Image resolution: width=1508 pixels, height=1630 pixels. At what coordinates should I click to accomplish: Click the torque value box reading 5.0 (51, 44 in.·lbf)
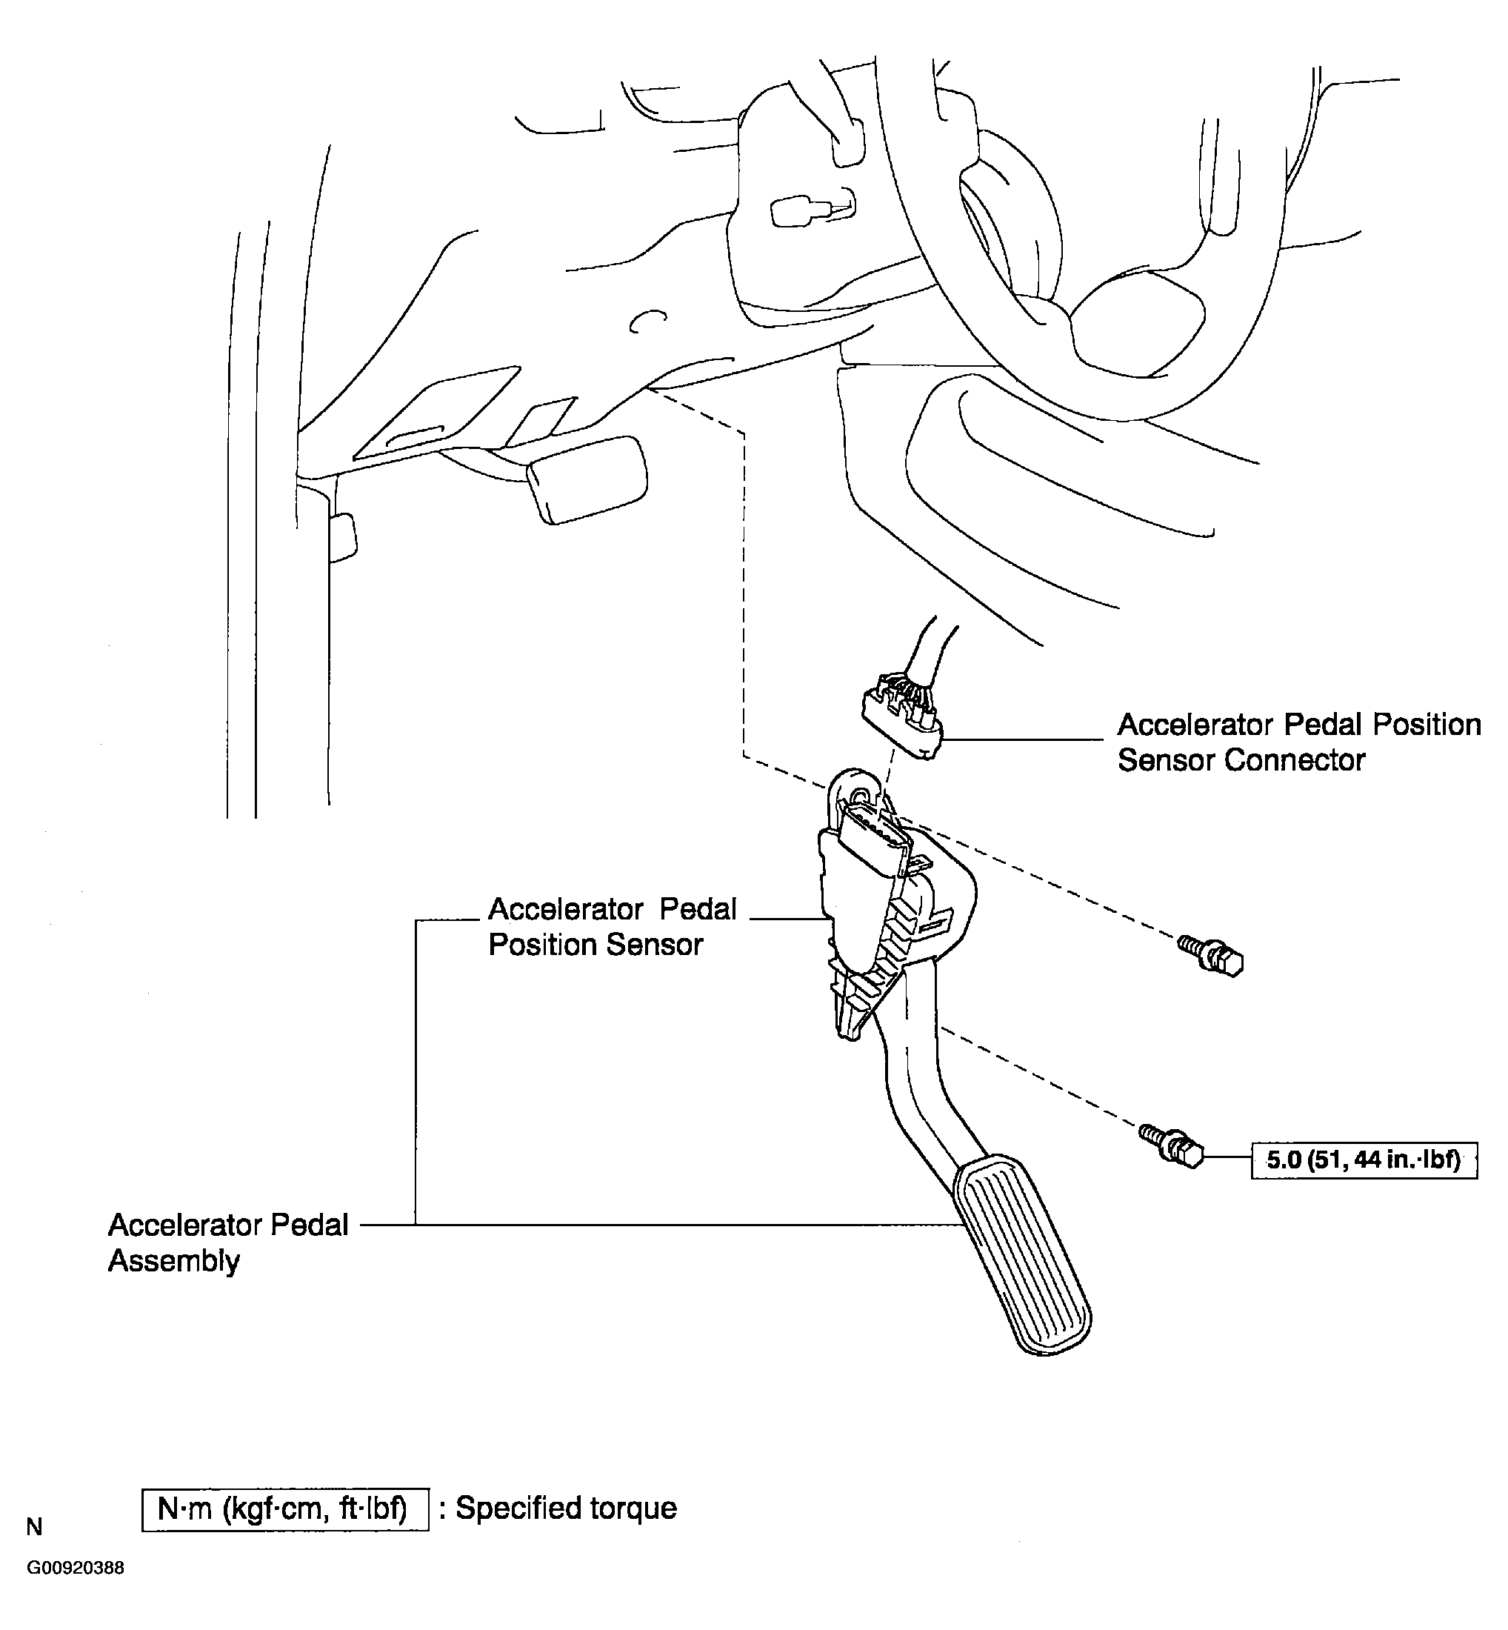click(x=1364, y=1160)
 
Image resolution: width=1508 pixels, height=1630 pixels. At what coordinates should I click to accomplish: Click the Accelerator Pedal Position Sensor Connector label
click(x=1298, y=742)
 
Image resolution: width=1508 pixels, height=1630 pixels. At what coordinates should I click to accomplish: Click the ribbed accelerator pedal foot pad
click(x=1021, y=1254)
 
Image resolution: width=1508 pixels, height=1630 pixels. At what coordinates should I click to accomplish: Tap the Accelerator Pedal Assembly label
click(x=227, y=1243)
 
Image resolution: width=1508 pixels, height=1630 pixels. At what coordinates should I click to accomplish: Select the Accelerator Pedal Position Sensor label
click(x=612, y=926)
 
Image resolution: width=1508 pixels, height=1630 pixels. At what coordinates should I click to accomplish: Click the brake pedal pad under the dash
click(x=587, y=479)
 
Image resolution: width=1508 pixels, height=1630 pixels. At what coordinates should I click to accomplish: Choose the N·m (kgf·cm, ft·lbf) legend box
click(x=285, y=1509)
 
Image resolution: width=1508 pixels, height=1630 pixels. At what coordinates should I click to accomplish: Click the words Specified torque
click(x=566, y=1508)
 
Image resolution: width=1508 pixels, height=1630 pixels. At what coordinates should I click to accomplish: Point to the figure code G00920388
click(x=75, y=1568)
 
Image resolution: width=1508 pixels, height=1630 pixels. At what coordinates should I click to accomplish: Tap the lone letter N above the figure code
click(x=34, y=1526)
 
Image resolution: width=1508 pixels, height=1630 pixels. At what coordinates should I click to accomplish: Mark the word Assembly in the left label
click(x=174, y=1261)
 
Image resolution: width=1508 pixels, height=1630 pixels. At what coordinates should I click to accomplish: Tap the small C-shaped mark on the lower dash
click(x=648, y=322)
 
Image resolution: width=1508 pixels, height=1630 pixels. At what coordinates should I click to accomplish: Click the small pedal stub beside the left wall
click(x=343, y=537)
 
